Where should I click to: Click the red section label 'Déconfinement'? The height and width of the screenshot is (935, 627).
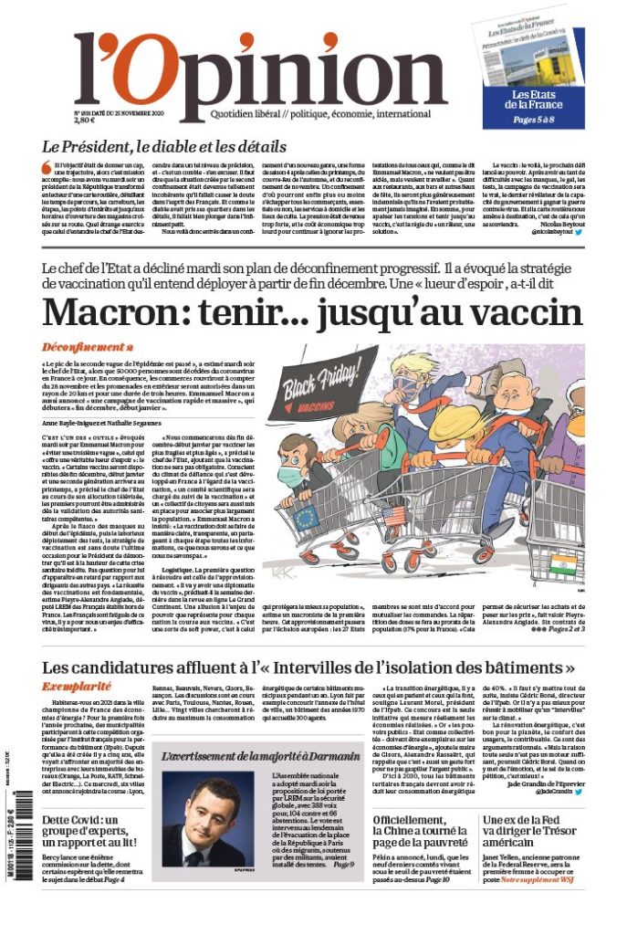point(88,348)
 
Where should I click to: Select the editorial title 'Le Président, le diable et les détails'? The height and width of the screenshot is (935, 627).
point(164,145)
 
